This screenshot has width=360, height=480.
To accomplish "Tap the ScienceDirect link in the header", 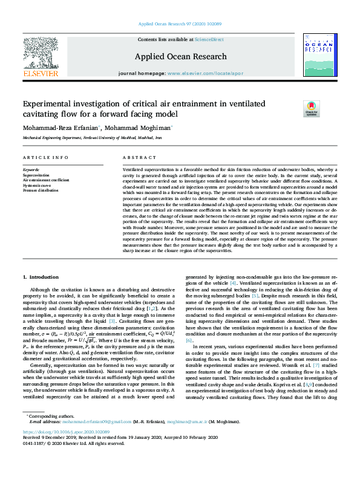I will click(209, 39).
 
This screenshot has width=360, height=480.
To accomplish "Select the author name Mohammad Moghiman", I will click(142, 128).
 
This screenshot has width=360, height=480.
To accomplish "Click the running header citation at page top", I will click(180, 24).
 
